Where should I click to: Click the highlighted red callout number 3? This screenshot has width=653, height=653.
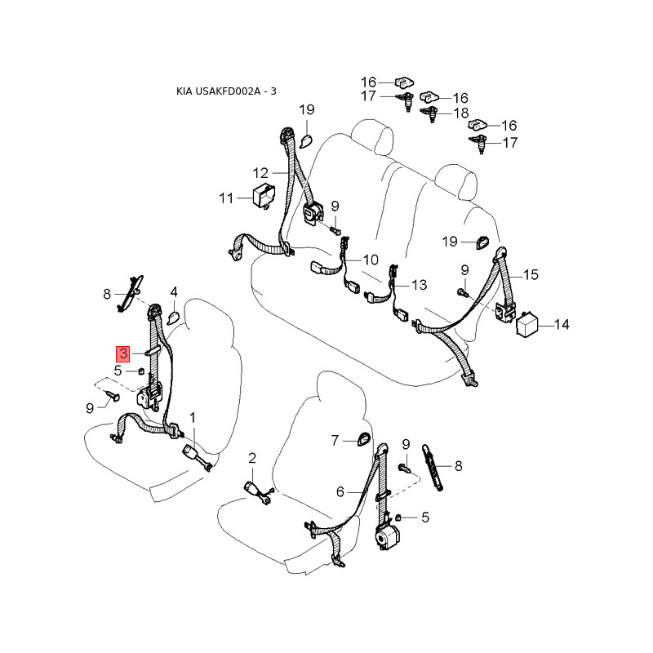tap(122, 353)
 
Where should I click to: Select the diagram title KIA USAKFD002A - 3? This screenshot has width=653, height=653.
tap(227, 91)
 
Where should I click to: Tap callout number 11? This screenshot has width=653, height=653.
tap(226, 198)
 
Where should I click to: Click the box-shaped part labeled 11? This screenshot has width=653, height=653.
tap(263, 196)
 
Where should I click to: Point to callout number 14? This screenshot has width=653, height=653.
tap(562, 325)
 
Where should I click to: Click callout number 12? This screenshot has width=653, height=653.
tap(260, 173)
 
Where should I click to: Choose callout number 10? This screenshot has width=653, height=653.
tap(371, 260)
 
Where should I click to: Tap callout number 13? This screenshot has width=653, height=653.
tap(419, 286)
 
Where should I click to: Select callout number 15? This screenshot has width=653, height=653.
tap(531, 275)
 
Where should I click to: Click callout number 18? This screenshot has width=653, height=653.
tap(461, 113)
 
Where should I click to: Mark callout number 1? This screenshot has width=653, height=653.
tap(193, 418)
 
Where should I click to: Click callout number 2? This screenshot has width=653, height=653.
tap(252, 457)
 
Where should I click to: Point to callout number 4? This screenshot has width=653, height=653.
tap(174, 292)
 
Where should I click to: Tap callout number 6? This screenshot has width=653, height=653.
tap(341, 491)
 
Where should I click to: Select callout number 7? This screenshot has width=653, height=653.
tap(335, 441)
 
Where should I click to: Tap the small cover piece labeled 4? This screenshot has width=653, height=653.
tap(174, 314)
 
